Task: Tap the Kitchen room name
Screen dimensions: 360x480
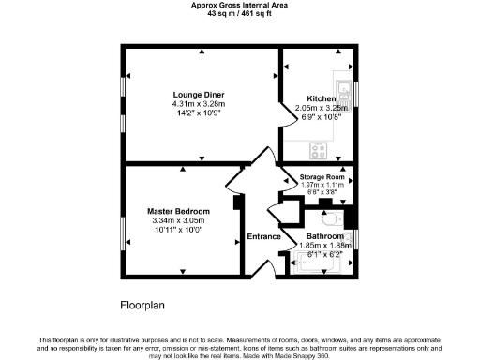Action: (x=321, y=97)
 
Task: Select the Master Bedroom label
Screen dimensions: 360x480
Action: (x=178, y=212)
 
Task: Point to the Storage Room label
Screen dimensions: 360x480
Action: (x=322, y=177)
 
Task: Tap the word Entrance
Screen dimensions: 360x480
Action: (x=263, y=236)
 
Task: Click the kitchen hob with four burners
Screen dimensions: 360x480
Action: (x=319, y=147)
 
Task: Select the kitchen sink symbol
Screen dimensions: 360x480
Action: (x=344, y=92)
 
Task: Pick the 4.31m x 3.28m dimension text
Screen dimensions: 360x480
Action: (x=198, y=103)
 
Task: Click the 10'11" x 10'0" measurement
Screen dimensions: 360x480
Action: (x=178, y=231)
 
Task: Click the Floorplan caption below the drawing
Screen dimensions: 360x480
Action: (x=143, y=306)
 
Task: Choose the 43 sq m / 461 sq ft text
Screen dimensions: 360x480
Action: (x=240, y=14)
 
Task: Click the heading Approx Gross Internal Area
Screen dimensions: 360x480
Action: (x=240, y=6)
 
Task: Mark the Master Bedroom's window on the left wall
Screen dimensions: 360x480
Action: (x=121, y=231)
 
